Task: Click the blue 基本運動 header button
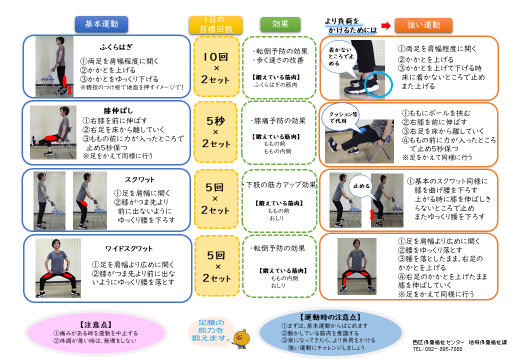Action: (99, 21)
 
